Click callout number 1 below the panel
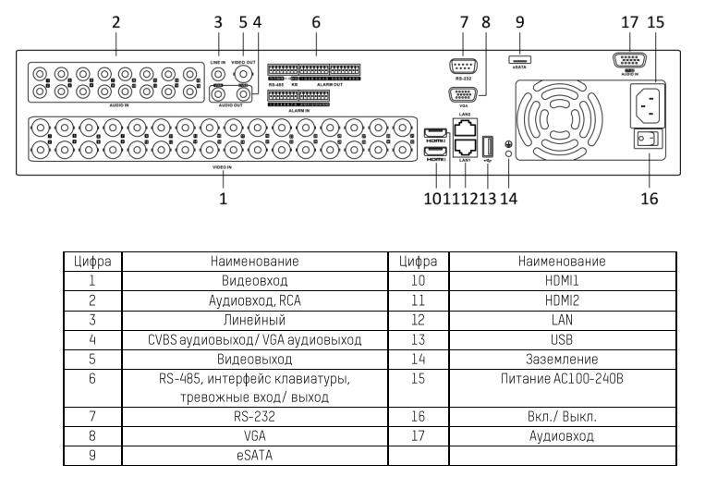(x=223, y=197)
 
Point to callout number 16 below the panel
(x=650, y=197)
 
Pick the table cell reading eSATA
(x=254, y=455)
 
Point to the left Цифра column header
(x=92, y=261)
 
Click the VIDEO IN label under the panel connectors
(x=223, y=168)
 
